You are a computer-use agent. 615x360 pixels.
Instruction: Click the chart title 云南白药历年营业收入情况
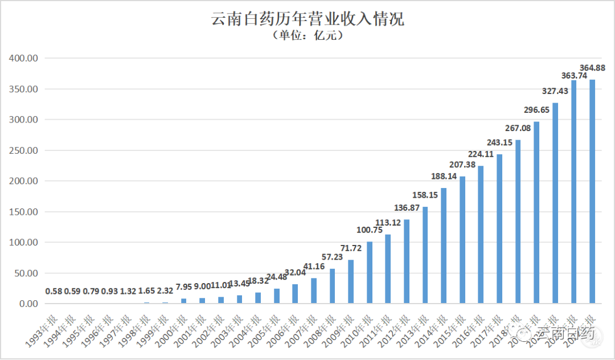[307, 18]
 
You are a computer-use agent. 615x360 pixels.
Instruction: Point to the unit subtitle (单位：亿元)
[307, 36]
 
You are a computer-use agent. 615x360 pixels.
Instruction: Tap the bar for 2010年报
[370, 273]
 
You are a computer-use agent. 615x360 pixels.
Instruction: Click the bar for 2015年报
[462, 240]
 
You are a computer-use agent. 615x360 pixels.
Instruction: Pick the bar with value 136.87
[407, 261]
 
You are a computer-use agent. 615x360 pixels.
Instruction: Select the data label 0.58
[54, 292]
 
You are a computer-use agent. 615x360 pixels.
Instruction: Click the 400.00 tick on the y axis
[23, 58]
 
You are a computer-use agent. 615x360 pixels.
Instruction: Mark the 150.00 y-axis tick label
[23, 212]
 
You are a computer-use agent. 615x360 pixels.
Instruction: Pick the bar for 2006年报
[295, 294]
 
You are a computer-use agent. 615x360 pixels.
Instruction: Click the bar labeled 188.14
[444, 246]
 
